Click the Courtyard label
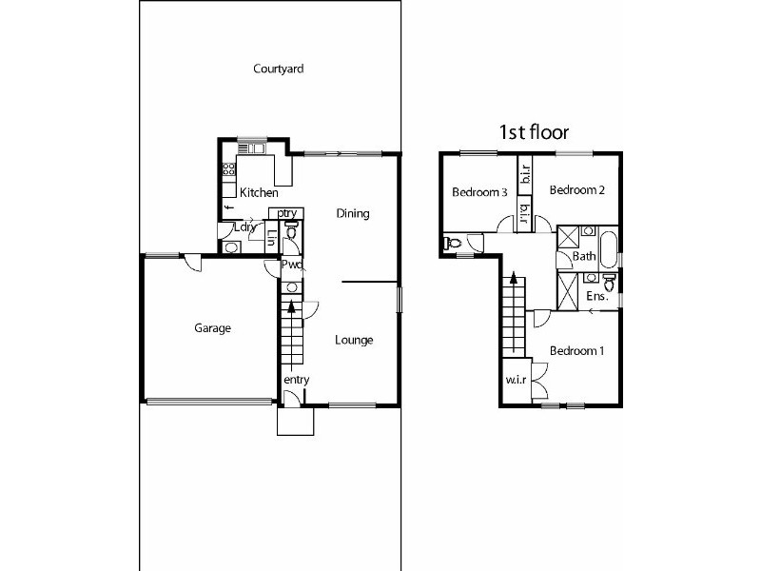[271, 69]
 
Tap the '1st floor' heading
[534, 132]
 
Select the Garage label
[213, 328]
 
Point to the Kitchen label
[259, 193]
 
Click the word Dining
[352, 214]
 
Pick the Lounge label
[353, 340]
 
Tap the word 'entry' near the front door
[297, 380]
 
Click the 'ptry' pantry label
[289, 213]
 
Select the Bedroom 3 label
[479, 192]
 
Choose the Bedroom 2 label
[577, 189]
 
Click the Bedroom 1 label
[577, 351]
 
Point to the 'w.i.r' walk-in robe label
[515, 382]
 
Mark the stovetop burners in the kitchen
[228, 170]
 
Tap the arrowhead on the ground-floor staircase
[291, 305]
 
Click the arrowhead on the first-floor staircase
[514, 279]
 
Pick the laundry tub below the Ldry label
[231, 247]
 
